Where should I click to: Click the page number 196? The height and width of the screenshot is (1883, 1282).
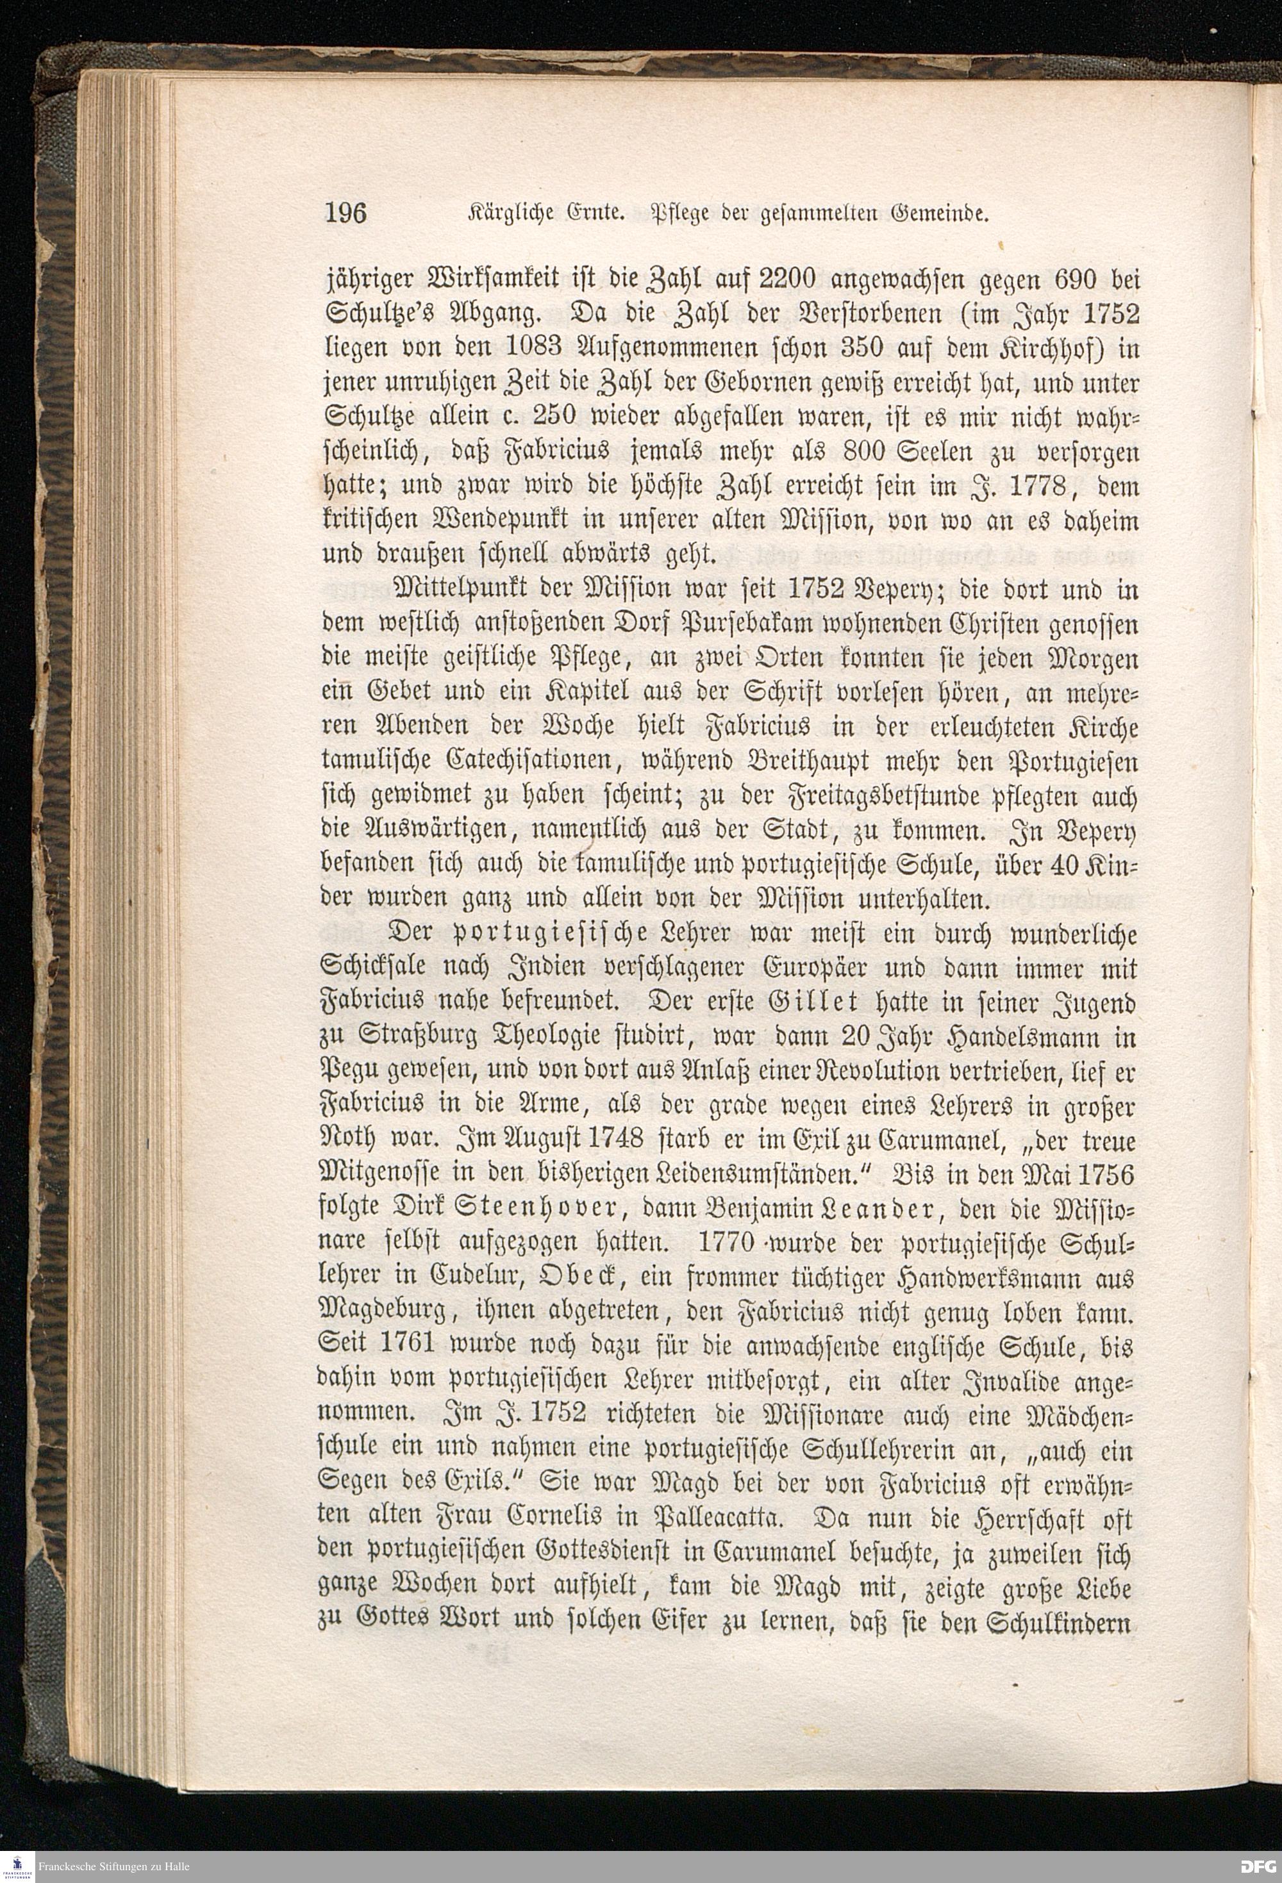(345, 213)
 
